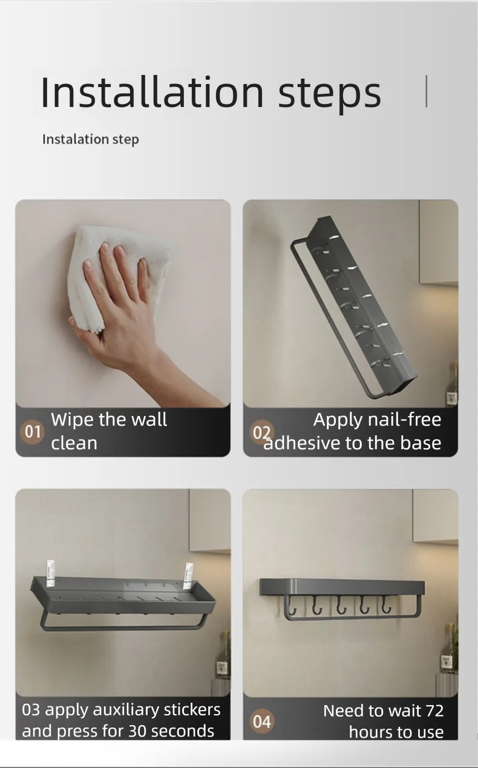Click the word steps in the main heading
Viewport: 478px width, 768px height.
pos(330,94)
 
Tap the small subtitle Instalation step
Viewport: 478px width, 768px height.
pos(90,139)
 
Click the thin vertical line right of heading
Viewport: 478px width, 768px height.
pos(427,91)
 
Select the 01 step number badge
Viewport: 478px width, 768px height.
pos(33,432)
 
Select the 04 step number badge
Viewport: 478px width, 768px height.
pos(262,721)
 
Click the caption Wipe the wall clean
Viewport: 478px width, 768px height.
pos(109,431)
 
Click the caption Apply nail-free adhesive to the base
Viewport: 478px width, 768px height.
pos(357,431)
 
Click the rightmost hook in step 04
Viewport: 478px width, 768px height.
pos(385,605)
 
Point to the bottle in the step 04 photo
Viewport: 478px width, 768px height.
pos(449,650)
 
